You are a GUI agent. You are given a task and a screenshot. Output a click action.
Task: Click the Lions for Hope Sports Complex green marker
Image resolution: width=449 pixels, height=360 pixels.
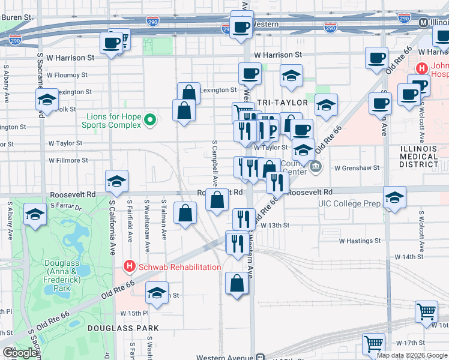[150, 120]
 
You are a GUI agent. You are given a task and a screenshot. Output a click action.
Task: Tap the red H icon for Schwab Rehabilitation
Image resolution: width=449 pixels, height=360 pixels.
[127, 266]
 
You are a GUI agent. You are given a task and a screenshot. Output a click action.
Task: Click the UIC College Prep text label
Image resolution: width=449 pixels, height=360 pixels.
[349, 204]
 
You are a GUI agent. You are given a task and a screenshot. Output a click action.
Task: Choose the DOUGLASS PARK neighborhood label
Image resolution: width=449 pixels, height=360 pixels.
[123, 328]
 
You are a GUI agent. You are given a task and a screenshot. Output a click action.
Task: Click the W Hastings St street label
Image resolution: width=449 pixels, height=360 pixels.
[360, 241]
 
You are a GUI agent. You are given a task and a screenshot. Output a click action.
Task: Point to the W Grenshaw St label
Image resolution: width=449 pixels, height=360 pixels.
[357, 168]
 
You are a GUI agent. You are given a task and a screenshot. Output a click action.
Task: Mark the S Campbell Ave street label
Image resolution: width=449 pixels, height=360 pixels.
[214, 164]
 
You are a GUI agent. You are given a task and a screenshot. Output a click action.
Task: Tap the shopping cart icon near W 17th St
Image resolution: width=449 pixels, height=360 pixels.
[373, 343]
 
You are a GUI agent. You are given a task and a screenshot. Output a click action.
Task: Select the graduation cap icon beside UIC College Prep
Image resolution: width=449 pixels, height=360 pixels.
[394, 197]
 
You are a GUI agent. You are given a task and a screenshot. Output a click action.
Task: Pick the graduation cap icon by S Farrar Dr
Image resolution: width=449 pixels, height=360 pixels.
[35, 214]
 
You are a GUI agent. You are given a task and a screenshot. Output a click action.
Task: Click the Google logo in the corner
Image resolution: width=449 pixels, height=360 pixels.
[20, 353]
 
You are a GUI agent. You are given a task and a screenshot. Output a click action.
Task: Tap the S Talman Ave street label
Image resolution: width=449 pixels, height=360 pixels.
[163, 220]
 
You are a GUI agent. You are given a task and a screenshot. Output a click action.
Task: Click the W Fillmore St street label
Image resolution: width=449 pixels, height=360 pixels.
[68, 160]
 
